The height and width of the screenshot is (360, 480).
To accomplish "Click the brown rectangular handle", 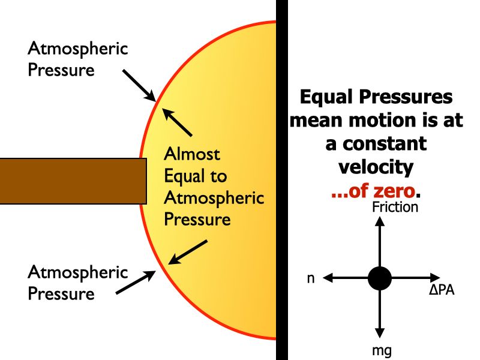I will (72, 181).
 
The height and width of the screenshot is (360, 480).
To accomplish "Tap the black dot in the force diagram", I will (379, 278).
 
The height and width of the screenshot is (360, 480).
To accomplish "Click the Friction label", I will (395, 208).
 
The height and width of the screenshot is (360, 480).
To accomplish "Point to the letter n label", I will (311, 278).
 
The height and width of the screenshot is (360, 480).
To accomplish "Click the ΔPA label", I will (442, 291).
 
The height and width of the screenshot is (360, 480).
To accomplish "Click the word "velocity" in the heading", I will (376, 167).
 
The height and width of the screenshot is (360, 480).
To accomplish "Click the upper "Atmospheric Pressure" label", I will (78, 59).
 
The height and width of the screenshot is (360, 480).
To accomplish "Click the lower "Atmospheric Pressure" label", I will (78, 283).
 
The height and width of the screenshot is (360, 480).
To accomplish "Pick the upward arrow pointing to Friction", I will (379, 240).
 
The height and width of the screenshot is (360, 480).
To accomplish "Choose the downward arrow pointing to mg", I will (379, 315).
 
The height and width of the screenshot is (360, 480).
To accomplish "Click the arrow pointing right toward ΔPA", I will (414, 278).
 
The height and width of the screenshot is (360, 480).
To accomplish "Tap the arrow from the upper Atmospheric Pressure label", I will (139, 85).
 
